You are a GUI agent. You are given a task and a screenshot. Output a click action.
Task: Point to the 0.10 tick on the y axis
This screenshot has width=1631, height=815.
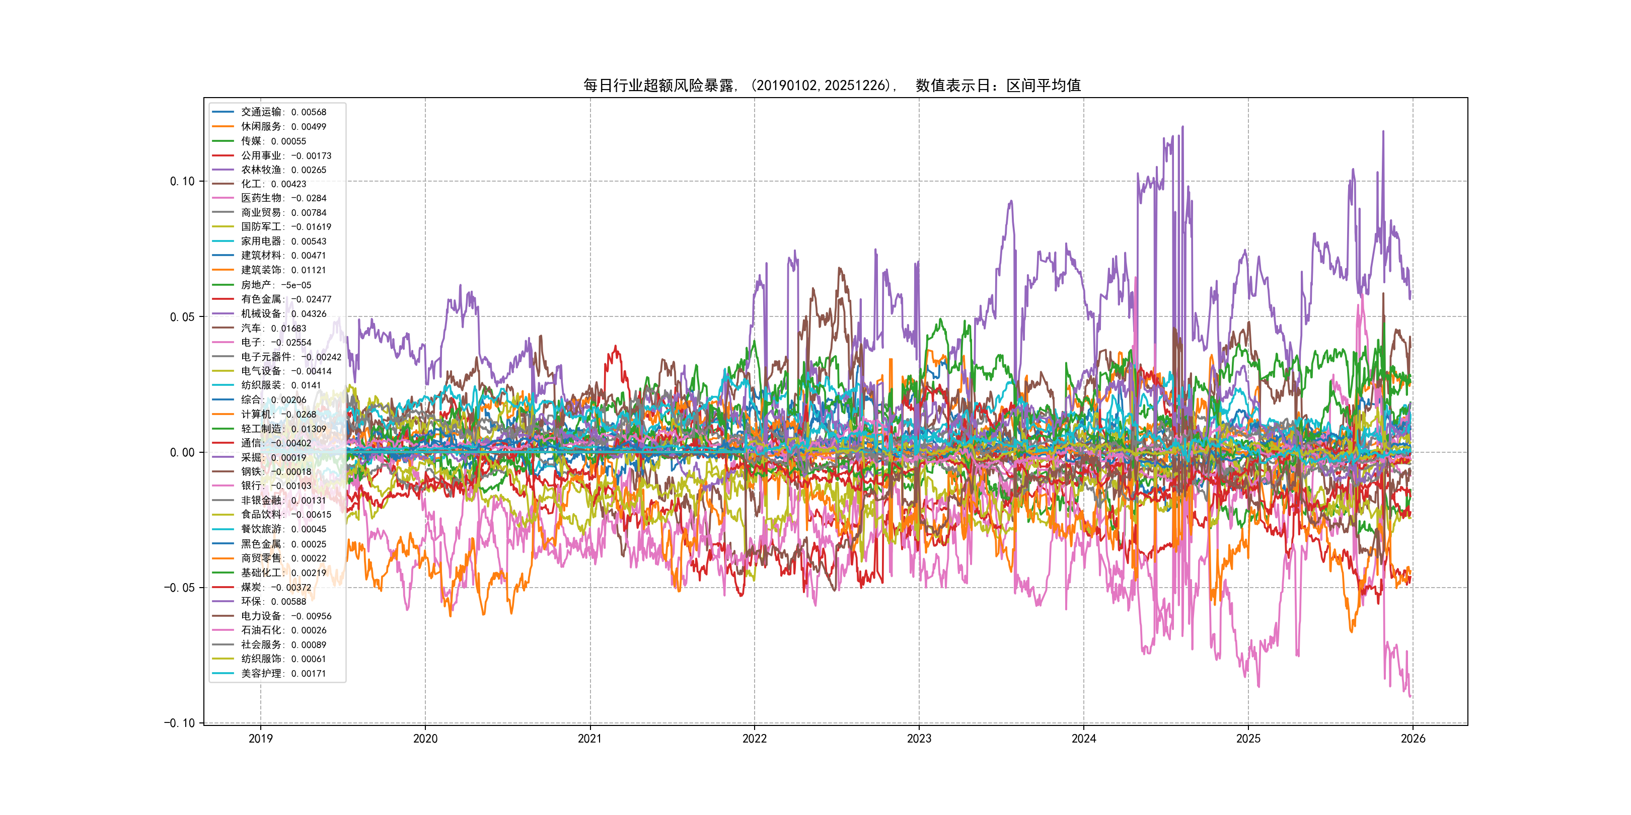182,182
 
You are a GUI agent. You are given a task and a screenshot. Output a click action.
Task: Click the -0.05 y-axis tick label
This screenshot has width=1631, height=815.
179,588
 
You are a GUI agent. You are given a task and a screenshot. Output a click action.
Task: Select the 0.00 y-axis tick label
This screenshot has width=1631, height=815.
182,452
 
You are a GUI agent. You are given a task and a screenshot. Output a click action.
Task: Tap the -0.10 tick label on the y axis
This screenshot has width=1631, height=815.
179,723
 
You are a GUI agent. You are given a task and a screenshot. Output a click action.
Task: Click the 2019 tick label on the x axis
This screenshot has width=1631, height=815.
260,739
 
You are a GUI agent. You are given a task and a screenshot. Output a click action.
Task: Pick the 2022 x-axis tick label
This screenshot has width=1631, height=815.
754,739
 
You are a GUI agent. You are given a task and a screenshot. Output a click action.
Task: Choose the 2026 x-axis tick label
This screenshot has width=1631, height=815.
1413,739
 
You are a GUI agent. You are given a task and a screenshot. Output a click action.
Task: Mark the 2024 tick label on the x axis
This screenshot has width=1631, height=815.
1083,739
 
